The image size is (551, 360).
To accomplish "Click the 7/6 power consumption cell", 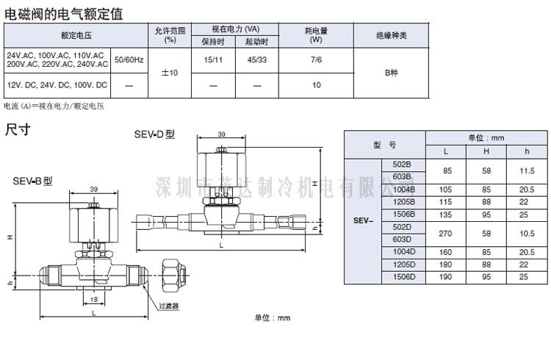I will pos(316,59).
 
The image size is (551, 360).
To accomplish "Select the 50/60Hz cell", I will pos(129,59).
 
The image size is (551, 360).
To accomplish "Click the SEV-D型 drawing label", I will pos(154,134).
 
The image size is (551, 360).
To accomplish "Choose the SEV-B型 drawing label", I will pos(32,181).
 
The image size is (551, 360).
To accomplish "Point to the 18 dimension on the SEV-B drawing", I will pos(93,299).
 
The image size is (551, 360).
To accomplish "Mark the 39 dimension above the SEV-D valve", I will pos(222,134).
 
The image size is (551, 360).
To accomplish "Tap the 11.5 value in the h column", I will pos(525,170).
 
